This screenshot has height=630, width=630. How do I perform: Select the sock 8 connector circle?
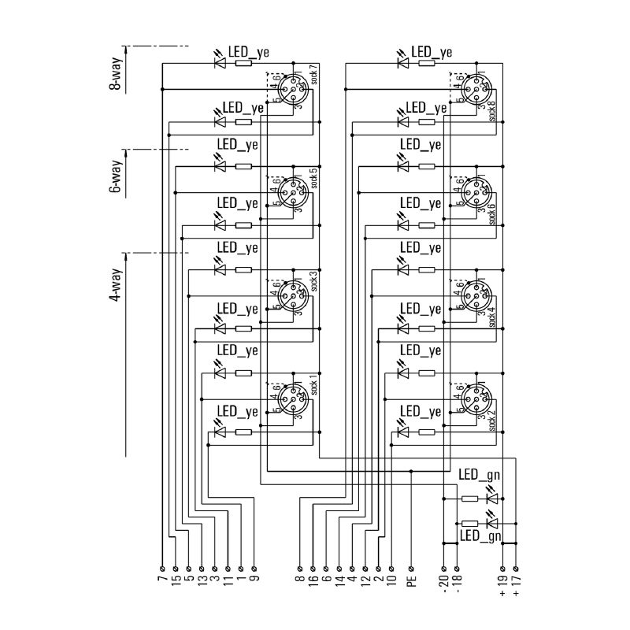475,88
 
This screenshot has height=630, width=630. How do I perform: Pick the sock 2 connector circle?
475,398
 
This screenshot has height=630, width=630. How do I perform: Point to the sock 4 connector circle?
475,295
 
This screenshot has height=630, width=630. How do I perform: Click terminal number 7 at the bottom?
161,583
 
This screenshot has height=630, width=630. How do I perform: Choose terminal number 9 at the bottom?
254,583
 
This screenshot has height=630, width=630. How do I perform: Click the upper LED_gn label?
480,475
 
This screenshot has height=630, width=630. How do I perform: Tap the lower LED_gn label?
480,536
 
